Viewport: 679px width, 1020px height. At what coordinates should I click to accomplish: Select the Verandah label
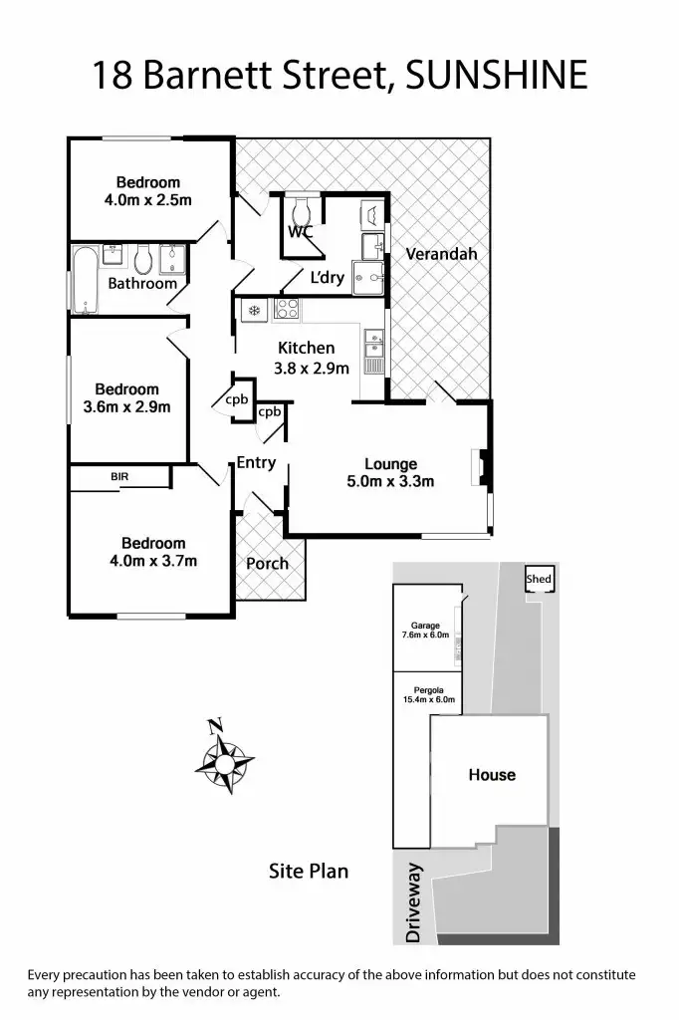click(x=441, y=254)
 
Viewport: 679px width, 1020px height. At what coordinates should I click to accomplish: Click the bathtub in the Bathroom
click(x=85, y=280)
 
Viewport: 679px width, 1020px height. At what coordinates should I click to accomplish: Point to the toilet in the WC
click(x=303, y=211)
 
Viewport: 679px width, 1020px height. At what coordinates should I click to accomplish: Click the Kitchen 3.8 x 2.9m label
click(x=312, y=359)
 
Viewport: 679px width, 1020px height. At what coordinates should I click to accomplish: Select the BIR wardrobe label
click(x=119, y=478)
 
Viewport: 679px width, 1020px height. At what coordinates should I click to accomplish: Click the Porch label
click(x=267, y=563)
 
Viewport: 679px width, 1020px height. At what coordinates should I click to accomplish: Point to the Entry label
click(x=256, y=462)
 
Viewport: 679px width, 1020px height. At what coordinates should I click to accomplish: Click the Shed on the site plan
click(x=539, y=580)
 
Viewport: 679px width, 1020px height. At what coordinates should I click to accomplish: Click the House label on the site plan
click(x=492, y=774)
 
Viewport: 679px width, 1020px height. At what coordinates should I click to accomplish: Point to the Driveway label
click(x=415, y=903)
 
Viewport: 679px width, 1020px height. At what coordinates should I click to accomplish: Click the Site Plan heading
click(x=309, y=871)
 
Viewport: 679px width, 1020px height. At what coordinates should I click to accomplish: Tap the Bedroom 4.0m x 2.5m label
click(x=148, y=191)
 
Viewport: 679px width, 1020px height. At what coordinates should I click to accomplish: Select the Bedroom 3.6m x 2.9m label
click(x=126, y=397)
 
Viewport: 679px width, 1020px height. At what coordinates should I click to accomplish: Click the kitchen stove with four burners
click(x=287, y=310)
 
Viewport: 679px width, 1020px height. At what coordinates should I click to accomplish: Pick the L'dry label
click(x=327, y=278)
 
